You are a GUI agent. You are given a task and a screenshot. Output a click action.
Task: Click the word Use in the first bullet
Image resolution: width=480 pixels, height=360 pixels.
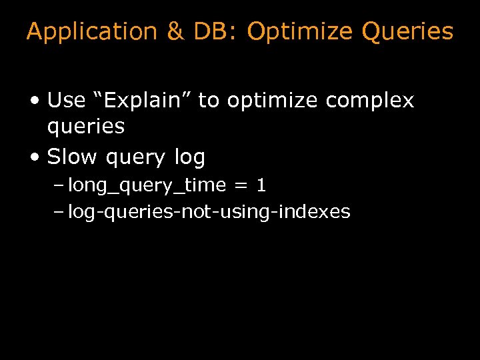pos(67,101)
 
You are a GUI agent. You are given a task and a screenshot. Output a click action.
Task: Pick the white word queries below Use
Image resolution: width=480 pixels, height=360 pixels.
pos(86,127)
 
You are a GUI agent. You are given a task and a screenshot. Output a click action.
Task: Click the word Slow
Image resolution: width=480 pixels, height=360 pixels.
pos(73,157)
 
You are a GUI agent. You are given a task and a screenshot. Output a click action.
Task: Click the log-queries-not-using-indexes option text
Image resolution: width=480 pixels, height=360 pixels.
pos(209,212)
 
